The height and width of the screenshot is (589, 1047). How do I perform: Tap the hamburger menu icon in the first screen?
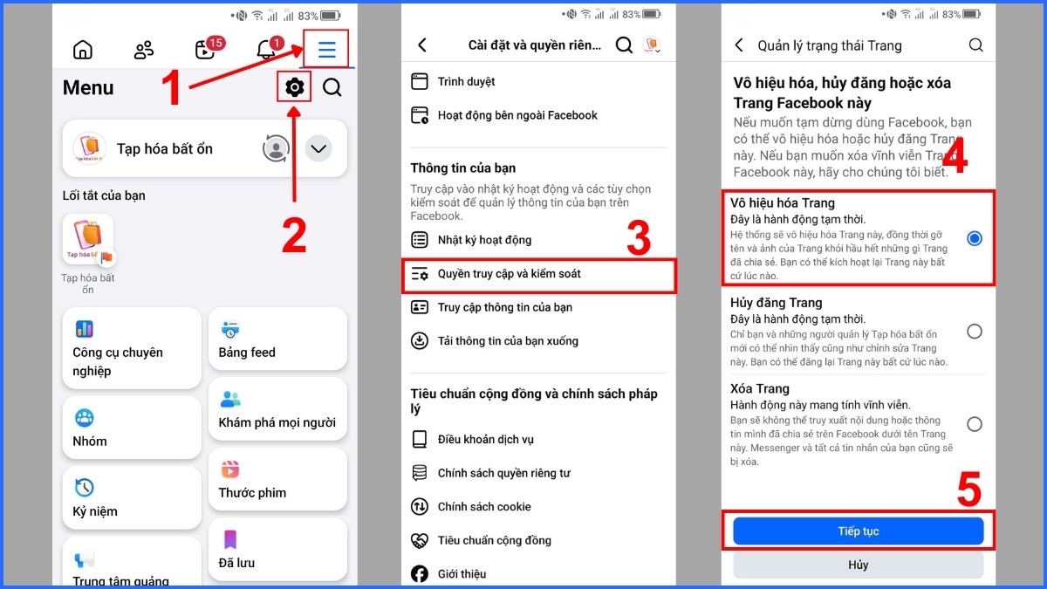point(326,50)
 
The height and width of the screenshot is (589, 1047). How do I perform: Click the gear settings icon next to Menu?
point(295,87)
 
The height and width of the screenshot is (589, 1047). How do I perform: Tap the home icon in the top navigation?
point(83,50)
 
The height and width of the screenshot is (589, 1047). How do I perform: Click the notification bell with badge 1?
point(267,50)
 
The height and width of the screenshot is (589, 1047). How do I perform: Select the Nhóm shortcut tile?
point(131,428)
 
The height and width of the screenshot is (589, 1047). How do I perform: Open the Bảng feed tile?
point(277,340)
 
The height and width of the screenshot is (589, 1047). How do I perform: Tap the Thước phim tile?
point(277,481)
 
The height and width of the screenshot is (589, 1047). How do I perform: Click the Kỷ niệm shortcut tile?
point(131,498)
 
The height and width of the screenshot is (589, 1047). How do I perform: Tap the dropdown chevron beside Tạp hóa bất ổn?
point(318,149)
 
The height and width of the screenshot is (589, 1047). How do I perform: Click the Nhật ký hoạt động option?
point(484,240)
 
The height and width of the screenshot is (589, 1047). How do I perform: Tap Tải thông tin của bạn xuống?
point(507,341)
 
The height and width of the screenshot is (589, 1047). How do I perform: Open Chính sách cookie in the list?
point(483,507)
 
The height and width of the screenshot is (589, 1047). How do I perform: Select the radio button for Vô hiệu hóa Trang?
point(974,238)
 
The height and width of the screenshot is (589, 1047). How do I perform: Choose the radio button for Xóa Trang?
point(974,425)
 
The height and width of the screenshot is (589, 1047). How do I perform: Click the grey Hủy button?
point(858,565)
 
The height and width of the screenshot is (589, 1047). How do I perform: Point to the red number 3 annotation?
point(639,239)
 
